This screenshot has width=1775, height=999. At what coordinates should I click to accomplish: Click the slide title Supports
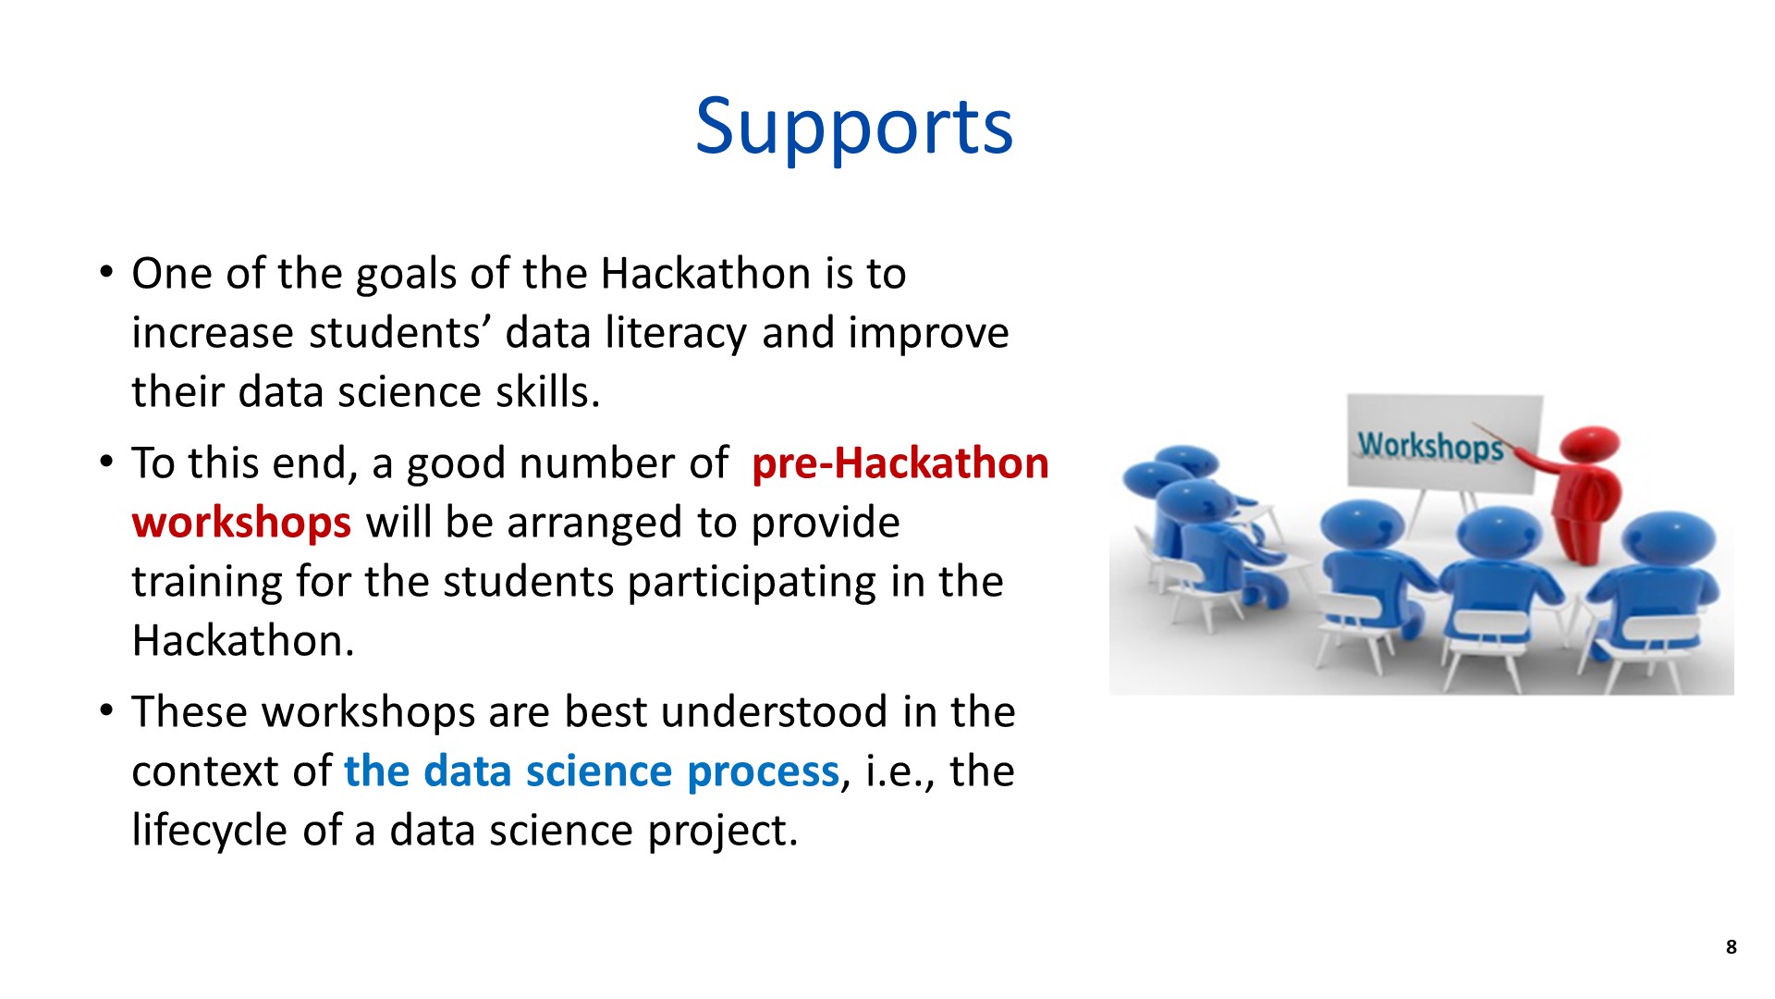[x=854, y=127]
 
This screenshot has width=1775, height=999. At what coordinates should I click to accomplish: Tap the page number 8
[x=1731, y=946]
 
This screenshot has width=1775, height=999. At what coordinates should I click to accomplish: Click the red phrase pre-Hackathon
[x=900, y=463]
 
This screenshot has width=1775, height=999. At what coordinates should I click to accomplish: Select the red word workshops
[x=241, y=523]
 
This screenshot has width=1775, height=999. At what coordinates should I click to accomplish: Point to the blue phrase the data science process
[x=592, y=771]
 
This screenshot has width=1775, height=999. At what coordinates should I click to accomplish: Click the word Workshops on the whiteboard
[x=1430, y=446]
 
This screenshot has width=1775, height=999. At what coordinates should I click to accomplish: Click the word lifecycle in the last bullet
[x=210, y=830]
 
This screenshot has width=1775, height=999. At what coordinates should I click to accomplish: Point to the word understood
[x=775, y=712]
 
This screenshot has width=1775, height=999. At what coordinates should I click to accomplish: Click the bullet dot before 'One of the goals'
[x=106, y=274]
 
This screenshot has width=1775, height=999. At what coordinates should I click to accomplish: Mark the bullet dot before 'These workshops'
[x=106, y=711]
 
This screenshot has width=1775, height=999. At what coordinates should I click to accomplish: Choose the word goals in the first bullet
[x=405, y=275]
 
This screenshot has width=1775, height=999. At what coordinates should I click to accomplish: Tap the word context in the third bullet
[x=205, y=771]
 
